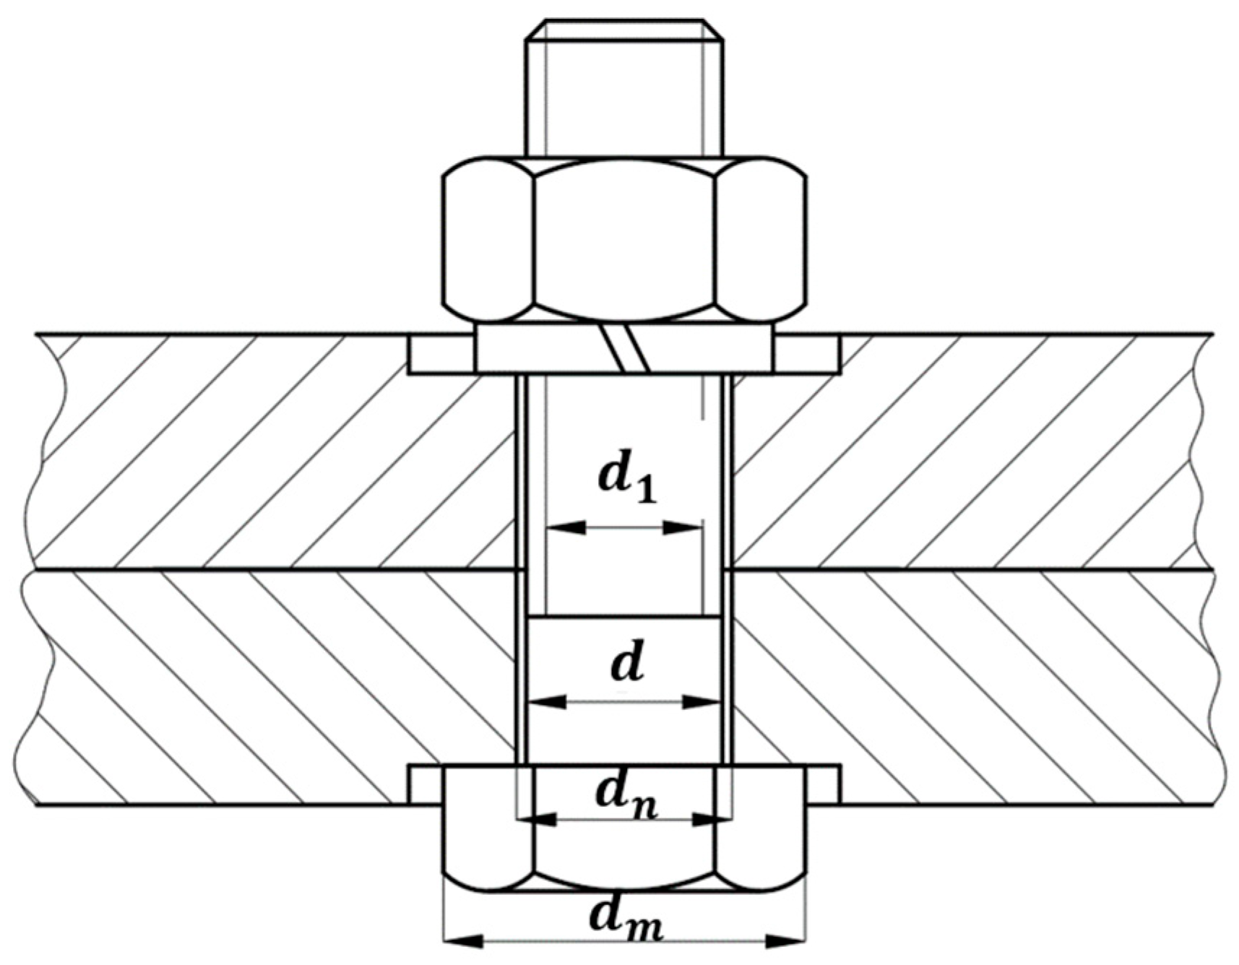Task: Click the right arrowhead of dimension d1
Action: coord(683,528)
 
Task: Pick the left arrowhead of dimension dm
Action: coord(463,941)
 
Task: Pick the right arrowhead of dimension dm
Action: coord(785,941)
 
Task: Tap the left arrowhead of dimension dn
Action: coord(538,819)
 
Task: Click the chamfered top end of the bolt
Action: coord(624,30)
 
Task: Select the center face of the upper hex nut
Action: coord(625,238)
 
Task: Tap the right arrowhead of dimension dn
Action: coord(712,819)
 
